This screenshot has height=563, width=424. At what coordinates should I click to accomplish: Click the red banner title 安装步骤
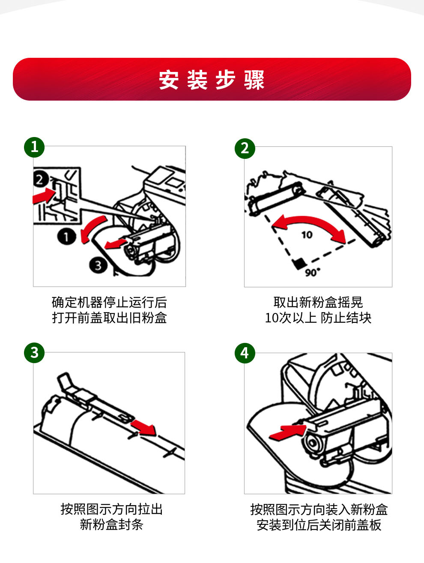[x=212, y=80]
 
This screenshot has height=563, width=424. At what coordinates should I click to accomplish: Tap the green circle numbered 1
[x=34, y=147]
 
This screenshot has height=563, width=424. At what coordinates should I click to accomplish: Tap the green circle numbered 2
[x=245, y=148]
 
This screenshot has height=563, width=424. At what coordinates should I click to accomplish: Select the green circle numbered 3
[x=34, y=353]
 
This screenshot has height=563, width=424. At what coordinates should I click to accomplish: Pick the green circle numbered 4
[x=245, y=353]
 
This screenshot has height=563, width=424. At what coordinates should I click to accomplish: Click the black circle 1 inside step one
[x=67, y=237]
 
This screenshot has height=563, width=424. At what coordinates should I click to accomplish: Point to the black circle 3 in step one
[x=98, y=265]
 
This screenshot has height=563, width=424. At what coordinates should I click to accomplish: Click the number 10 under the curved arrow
[x=307, y=235]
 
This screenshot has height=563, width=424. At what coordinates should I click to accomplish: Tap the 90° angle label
[x=313, y=272]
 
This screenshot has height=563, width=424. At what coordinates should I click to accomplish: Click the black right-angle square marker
[x=299, y=263]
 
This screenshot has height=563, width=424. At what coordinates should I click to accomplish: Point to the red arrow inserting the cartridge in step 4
[x=288, y=432]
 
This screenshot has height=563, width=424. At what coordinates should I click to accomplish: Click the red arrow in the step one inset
[x=44, y=196]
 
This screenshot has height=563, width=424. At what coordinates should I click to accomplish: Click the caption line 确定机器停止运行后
[x=110, y=302]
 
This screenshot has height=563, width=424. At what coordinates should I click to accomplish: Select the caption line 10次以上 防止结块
[x=318, y=318]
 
